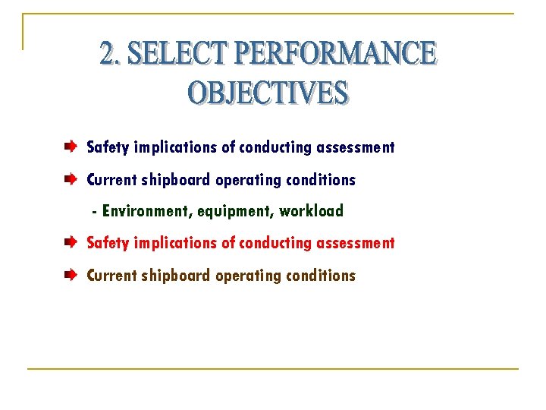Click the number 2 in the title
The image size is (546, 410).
tap(110, 54)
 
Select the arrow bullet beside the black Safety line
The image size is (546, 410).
tap(70, 146)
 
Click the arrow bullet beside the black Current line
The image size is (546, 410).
tap(70, 179)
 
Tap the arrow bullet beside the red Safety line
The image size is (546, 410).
tap(70, 242)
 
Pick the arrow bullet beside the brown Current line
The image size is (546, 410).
tap(70, 275)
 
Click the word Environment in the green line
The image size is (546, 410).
tap(147, 211)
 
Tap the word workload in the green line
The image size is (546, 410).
tap(311, 211)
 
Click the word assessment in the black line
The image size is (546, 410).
tap(358, 147)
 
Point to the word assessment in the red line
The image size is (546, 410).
tap(358, 243)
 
